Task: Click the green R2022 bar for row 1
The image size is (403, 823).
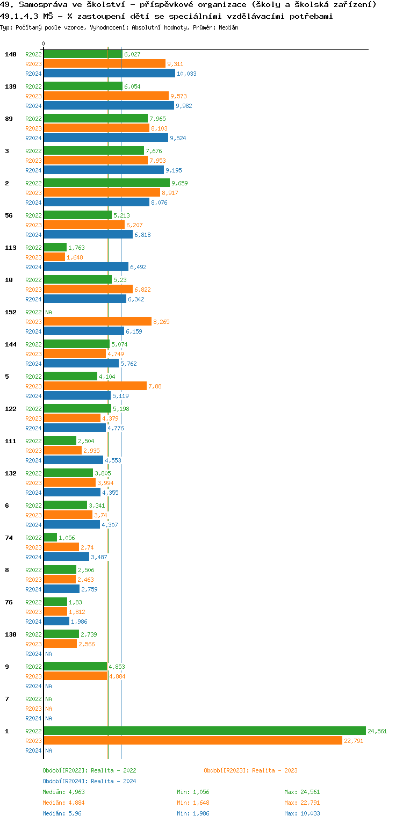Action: point(204,731)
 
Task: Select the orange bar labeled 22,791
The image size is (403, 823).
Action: point(192,740)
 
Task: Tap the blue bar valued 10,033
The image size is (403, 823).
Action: point(109,73)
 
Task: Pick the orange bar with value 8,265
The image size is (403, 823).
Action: point(97,321)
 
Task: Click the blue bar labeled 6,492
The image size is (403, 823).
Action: point(86,266)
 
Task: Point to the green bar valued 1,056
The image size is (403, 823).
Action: point(50,537)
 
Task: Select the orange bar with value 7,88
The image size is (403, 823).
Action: point(95,386)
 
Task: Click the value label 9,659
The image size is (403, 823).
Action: point(179,183)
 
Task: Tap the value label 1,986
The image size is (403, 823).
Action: point(79,622)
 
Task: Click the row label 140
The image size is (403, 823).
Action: point(11,54)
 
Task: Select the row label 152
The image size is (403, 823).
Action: point(11,312)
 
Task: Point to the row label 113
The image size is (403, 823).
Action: point(11,248)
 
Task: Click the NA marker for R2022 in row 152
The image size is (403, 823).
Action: point(48,312)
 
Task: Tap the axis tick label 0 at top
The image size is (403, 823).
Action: point(44,44)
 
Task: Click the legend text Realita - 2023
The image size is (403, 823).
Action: point(275,770)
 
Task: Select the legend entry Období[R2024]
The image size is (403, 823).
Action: point(65,781)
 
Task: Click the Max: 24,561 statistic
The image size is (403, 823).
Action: point(302,792)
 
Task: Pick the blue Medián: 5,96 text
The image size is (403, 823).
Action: point(62,813)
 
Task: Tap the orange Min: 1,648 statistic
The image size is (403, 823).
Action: point(193,803)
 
